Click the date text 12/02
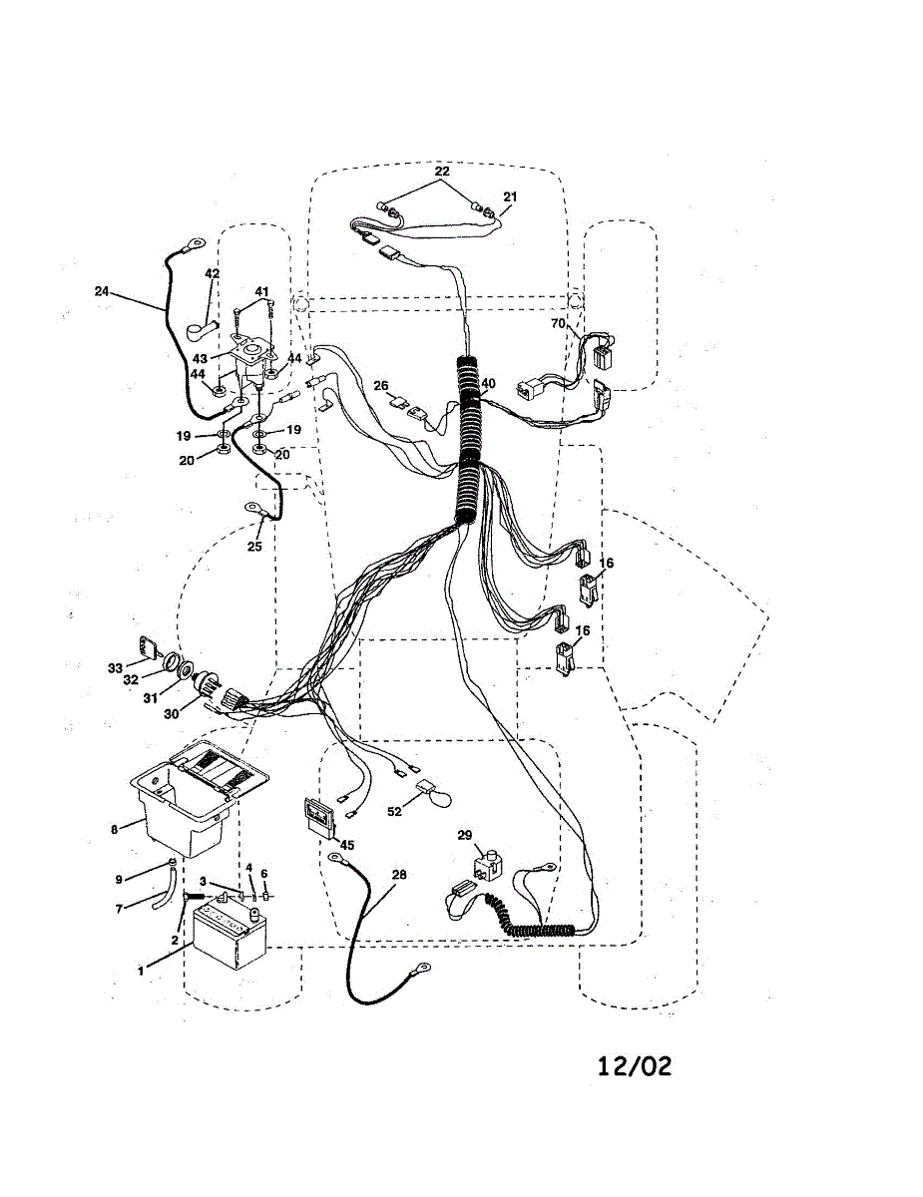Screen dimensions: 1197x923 (635, 1065)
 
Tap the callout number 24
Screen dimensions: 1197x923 (102, 292)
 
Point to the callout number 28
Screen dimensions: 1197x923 (399, 875)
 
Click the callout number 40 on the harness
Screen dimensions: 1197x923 (488, 383)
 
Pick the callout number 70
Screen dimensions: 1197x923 (559, 323)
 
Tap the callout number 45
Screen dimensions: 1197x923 (346, 845)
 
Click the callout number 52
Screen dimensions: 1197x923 (394, 812)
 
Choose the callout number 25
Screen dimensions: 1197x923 (254, 548)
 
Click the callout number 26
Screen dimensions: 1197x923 (381, 385)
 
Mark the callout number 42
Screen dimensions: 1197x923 (212, 273)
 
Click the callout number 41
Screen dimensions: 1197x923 (262, 291)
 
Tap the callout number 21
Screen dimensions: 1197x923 (510, 197)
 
